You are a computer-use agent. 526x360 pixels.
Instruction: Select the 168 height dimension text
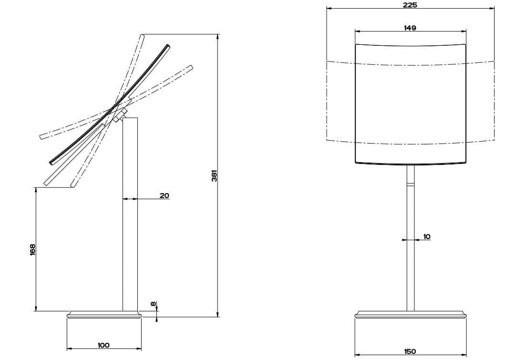tap(32, 249)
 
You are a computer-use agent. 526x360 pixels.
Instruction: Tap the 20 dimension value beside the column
tap(164, 195)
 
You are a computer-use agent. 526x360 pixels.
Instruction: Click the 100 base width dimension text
tap(103, 345)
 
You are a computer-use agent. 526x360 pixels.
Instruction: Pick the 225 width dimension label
tap(410, 5)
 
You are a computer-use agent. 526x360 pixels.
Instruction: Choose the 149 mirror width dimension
tap(410, 28)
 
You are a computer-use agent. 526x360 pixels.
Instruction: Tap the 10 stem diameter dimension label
tap(426, 236)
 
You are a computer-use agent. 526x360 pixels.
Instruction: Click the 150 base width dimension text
tap(410, 351)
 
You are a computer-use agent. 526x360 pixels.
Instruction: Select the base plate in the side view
tap(104, 314)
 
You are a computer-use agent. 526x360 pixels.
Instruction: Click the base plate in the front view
tap(410, 314)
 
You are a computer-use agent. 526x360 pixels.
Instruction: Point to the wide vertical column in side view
tap(130, 215)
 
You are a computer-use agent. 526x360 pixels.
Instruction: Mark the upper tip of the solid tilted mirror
tap(167, 46)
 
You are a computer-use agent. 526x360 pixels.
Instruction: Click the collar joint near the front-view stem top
tap(410, 184)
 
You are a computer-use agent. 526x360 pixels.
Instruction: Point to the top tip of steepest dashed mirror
tap(142, 35)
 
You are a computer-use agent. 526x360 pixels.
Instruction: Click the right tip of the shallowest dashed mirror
tap(190, 68)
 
